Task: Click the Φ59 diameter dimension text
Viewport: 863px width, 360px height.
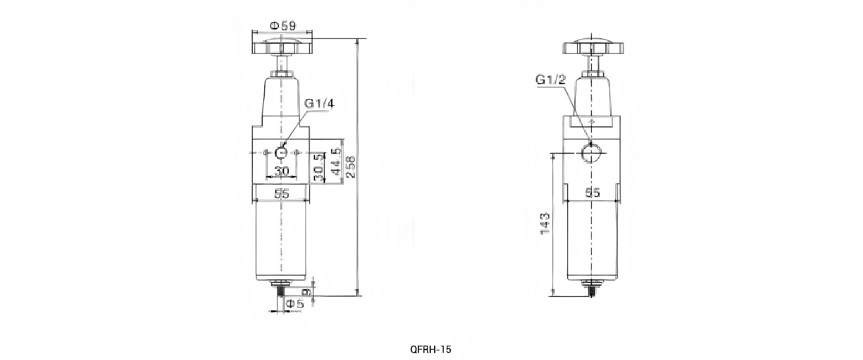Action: (x=282, y=26)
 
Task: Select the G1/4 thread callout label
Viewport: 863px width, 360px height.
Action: (x=319, y=104)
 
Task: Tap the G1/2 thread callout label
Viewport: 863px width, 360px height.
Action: (x=550, y=79)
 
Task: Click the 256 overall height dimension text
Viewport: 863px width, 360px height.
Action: (x=351, y=167)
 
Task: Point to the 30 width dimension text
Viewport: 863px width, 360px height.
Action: (x=281, y=171)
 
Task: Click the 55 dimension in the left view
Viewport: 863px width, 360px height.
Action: (x=281, y=193)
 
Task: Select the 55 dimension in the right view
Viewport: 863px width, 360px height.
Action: (x=592, y=192)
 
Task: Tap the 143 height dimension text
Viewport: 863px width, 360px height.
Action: (x=545, y=223)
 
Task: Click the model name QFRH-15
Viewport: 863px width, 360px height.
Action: (x=430, y=349)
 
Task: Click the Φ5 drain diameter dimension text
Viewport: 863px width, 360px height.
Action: (x=294, y=303)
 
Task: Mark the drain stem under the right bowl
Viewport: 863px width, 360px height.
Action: (x=591, y=292)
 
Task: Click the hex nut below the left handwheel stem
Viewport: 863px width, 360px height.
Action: (x=281, y=74)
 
